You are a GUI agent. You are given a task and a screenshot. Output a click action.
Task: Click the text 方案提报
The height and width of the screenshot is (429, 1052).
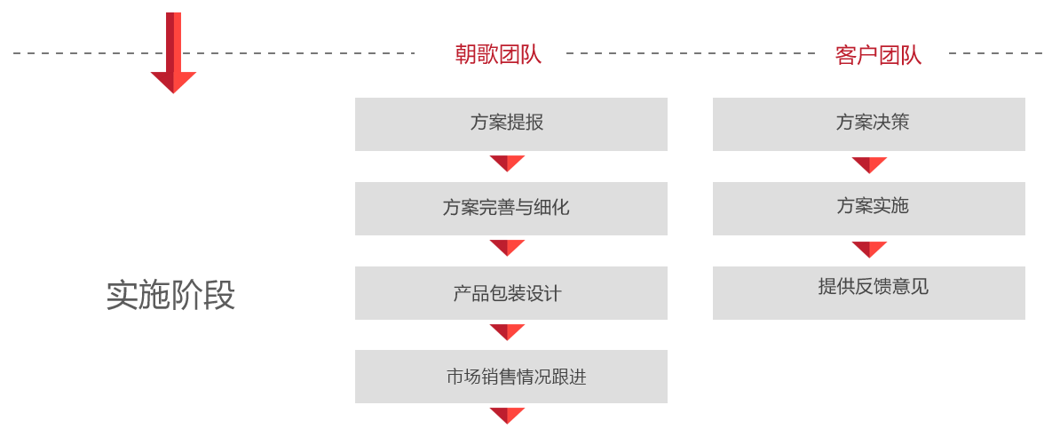[507, 123]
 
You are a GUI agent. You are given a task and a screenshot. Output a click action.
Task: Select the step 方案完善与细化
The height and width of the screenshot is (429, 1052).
[506, 208]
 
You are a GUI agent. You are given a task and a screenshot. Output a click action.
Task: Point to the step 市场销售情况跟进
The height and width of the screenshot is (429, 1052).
[516, 377]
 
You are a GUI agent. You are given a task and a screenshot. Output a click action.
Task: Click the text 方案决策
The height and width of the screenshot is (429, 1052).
[873, 123]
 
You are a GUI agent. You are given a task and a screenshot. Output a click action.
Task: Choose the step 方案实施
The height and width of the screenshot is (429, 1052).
[873, 206]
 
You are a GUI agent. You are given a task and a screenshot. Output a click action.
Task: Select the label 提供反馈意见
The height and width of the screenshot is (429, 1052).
[873, 287]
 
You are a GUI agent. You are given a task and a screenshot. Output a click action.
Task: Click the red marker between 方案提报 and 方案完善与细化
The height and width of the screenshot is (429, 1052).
[507, 164]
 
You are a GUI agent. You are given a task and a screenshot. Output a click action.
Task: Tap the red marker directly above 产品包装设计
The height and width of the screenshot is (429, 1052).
[507, 249]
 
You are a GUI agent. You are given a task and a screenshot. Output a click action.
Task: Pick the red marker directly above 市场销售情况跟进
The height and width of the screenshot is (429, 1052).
[507, 333]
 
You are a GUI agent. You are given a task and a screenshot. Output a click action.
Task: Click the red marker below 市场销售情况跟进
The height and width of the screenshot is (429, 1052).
[507, 417]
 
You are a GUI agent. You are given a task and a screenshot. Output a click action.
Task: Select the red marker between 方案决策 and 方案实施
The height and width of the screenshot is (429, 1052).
[869, 165]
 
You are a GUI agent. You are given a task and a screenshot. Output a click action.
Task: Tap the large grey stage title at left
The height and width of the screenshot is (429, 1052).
[170, 296]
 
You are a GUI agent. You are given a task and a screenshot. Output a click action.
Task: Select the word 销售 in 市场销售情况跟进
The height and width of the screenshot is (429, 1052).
[502, 377]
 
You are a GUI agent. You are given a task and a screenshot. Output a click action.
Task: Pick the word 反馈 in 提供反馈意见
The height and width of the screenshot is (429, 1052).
[873, 287]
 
